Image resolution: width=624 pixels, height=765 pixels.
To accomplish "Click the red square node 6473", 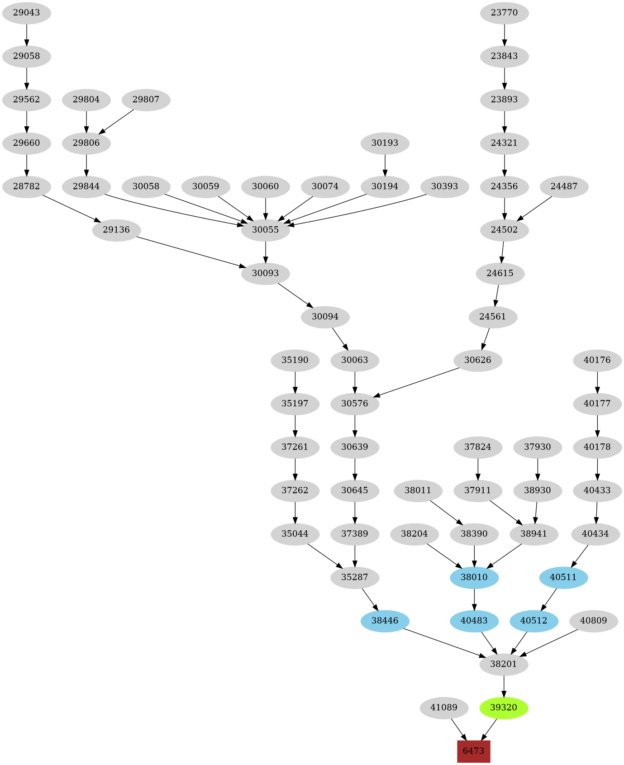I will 473,751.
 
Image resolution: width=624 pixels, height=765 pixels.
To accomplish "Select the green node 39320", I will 504,708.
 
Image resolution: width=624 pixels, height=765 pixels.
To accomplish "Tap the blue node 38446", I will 385,621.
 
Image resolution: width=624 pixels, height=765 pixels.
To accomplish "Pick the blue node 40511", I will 563,577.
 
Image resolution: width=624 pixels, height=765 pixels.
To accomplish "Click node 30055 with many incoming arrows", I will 265,230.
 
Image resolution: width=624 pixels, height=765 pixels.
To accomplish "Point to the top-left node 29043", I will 26,13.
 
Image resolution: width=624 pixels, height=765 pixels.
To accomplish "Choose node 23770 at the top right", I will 504,13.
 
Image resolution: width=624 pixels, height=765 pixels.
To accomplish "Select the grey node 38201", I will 504,664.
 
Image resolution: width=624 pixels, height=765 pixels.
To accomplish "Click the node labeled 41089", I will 443,708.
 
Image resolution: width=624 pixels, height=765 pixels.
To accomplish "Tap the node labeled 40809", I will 593,621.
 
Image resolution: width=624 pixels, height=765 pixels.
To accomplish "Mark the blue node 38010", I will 474,577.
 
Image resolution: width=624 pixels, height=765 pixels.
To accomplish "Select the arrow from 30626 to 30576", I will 419,383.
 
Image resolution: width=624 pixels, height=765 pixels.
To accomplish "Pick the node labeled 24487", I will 564,186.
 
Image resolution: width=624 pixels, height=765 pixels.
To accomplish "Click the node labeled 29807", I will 146,100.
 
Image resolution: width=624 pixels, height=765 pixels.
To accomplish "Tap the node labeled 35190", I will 295,361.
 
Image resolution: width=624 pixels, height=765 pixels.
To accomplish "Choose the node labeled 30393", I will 444,186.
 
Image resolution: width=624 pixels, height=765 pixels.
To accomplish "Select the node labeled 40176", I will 597,361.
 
